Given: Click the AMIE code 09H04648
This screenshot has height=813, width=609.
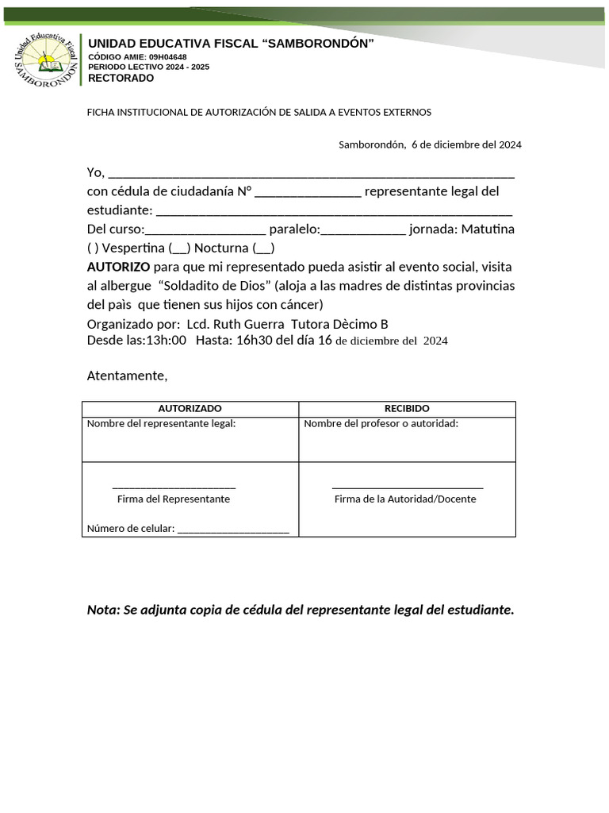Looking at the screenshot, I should tap(167, 57).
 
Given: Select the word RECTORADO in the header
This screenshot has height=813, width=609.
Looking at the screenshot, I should tap(121, 78).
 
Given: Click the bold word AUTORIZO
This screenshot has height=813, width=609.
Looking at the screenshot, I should tap(118, 267).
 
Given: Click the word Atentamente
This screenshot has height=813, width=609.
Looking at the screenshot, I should tap(127, 376).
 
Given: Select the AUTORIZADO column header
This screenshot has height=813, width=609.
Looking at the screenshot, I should tap(190, 408).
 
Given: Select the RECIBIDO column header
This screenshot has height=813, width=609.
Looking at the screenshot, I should tap(407, 408).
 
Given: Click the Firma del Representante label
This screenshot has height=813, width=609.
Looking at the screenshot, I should tap(174, 499).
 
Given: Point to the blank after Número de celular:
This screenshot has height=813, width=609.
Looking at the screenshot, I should tap(233, 530).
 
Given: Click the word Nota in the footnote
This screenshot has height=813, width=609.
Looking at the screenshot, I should tap(102, 610).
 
